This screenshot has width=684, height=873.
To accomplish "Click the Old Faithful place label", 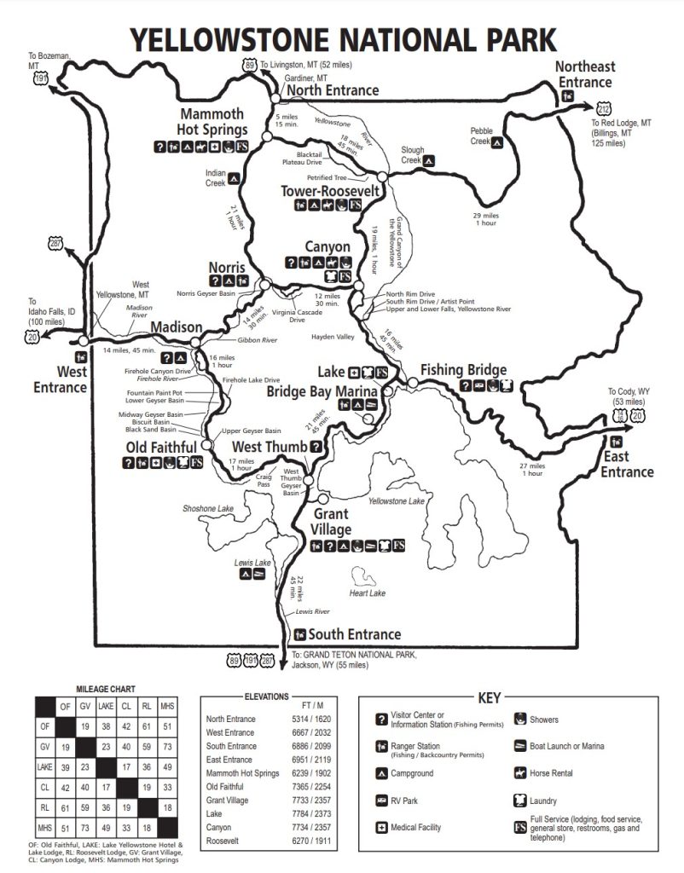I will (x=161, y=447).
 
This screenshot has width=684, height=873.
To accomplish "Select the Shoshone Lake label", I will (x=208, y=508).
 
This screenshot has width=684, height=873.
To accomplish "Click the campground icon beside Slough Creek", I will (x=431, y=159).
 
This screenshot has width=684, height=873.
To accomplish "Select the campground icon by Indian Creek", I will (x=233, y=179).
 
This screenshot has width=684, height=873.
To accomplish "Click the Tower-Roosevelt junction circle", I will (x=382, y=176).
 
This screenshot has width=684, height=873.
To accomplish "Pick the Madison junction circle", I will (x=196, y=342).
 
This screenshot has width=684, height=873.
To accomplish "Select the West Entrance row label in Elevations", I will (x=230, y=732).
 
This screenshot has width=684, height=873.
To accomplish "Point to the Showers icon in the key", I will (x=519, y=720).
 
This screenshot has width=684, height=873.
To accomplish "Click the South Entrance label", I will (x=354, y=634).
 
